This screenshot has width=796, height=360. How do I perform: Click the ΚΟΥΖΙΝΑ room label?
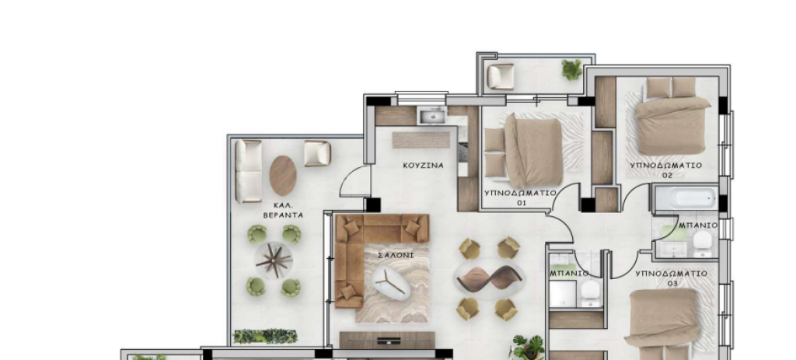423,166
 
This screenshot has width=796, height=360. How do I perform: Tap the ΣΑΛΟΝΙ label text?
396,255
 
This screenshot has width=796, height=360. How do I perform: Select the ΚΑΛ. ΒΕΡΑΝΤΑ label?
283,210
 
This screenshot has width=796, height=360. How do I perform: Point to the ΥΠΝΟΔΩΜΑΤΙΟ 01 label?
520,197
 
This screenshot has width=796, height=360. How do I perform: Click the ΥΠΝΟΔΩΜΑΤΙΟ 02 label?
666,170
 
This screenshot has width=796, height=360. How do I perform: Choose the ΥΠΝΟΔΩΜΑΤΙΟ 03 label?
671,278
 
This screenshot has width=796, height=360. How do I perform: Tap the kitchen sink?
432,116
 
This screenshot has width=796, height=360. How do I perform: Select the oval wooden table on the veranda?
283,175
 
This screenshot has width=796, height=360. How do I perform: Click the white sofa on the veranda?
248,171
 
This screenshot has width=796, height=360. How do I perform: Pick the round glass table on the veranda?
274,260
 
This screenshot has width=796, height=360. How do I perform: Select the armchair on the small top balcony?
501,77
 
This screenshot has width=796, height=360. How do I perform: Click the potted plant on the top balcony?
572,69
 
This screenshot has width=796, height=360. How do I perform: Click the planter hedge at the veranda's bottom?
265,336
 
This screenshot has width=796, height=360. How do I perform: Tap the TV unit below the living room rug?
387,340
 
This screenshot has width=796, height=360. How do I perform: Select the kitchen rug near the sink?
421,140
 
